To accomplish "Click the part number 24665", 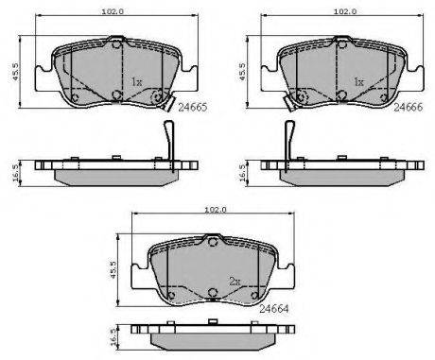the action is (193, 108).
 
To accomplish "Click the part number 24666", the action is (409, 108).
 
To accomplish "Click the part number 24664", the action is (273, 309).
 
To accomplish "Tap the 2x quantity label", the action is (235, 282).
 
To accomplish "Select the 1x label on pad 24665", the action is (137, 82).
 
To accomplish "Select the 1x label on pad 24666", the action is (359, 82).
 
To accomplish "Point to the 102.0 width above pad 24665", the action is (113, 11).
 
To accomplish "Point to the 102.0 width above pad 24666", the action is (345, 11).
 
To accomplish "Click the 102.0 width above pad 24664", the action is (216, 210).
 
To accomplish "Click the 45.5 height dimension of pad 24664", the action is (113, 269).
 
